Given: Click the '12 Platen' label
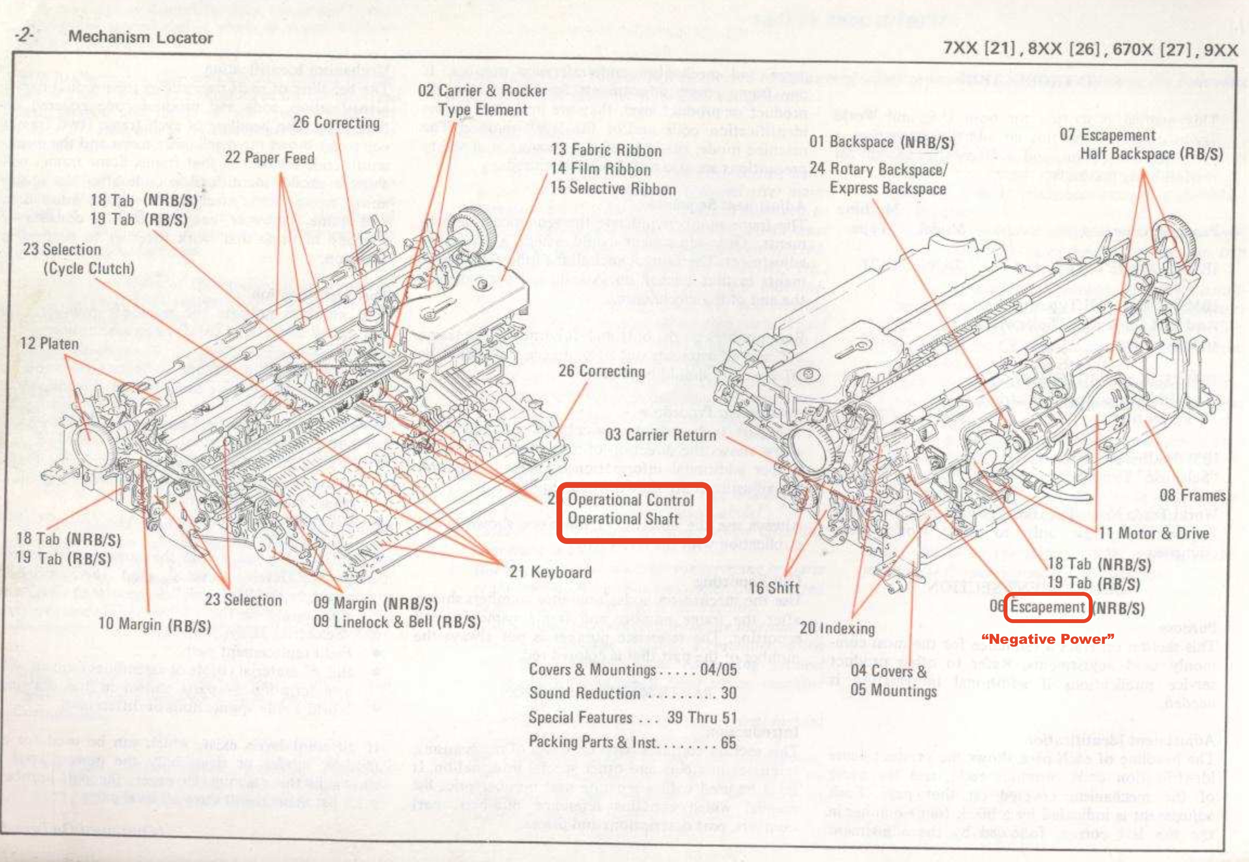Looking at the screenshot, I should pyautogui.click(x=49, y=343).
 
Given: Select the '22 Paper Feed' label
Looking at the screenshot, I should pyautogui.click(x=270, y=158).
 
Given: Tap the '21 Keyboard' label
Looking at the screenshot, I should pyautogui.click(x=550, y=572).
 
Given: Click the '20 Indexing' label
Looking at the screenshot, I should pyautogui.click(x=837, y=628).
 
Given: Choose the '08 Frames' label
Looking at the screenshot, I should pyautogui.click(x=1192, y=495).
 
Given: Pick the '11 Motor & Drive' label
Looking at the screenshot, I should pyautogui.click(x=1154, y=534).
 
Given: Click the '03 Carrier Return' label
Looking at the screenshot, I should pyautogui.click(x=660, y=435).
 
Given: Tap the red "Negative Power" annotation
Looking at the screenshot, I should pyautogui.click(x=1048, y=639).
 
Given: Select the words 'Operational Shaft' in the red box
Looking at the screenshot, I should pyautogui.click(x=623, y=519).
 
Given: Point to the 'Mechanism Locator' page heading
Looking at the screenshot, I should pyautogui.click(x=141, y=37).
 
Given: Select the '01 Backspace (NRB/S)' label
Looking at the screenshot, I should pyautogui.click(x=881, y=142).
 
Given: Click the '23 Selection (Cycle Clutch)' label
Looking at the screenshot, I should pyautogui.click(x=78, y=259).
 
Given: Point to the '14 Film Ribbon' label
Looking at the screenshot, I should pyautogui.click(x=600, y=169).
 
